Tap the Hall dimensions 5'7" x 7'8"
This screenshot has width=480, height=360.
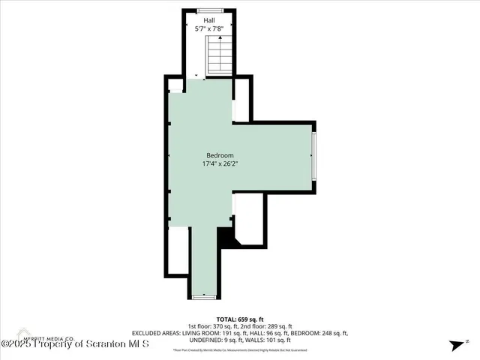pyautogui.click(x=209, y=29)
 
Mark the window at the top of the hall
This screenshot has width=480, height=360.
pyautogui.click(x=209, y=10)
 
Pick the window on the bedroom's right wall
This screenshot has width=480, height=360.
pyautogui.click(x=316, y=157)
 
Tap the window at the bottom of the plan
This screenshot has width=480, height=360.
pyautogui.click(x=203, y=298)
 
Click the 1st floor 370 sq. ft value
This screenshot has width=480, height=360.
pyautogui.click(x=205, y=325)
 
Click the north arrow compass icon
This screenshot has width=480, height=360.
pyautogui.click(x=455, y=345)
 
